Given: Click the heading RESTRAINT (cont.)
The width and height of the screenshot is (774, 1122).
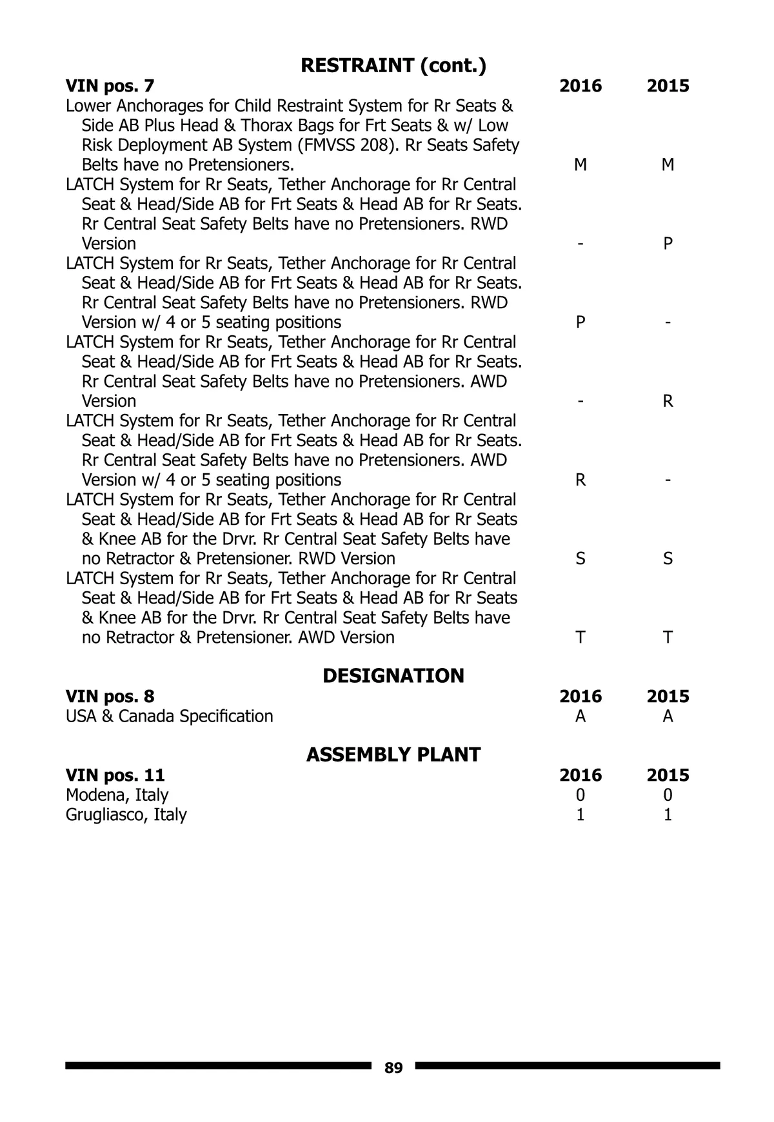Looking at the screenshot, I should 393,65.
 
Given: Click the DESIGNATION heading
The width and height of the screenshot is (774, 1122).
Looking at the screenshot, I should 393,676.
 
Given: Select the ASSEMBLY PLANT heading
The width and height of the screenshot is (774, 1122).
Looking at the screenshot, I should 393,754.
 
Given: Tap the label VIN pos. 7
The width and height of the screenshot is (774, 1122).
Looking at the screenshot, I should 110,86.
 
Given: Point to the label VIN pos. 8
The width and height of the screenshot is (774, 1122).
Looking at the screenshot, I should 110,696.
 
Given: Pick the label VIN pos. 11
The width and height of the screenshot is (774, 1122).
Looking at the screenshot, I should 115,775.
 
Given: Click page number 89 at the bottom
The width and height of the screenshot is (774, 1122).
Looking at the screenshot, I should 393,1068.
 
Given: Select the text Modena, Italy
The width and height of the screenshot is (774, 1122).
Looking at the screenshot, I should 117,795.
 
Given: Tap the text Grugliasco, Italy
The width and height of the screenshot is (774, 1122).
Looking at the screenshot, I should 126,814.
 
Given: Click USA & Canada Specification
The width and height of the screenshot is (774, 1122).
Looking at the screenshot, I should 170,716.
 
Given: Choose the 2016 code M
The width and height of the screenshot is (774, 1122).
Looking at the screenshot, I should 580,165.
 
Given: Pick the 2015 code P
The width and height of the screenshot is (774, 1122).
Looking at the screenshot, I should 668,244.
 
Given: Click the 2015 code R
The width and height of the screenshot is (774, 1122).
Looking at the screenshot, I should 668,401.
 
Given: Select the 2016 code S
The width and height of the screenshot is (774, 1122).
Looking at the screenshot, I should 580,558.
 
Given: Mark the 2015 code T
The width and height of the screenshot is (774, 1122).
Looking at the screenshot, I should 668,637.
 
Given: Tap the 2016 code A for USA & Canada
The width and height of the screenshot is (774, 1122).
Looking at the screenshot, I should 580,716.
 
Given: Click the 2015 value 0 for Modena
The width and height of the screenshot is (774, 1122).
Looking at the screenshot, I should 668,795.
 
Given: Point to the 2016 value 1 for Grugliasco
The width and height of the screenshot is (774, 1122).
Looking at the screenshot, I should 580,814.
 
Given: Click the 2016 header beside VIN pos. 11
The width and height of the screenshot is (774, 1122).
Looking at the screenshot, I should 580,775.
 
